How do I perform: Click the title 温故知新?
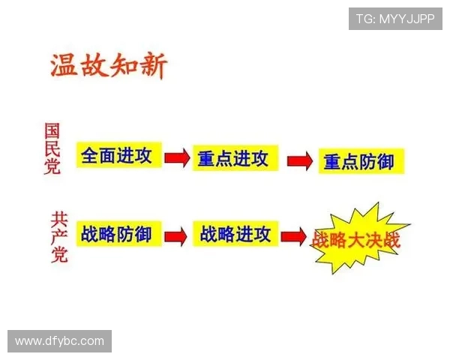tap(108, 66)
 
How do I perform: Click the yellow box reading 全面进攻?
tap(117, 156)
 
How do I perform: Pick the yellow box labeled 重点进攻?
tap(232, 158)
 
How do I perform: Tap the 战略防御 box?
tap(116, 235)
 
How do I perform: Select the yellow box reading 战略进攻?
tap(235, 234)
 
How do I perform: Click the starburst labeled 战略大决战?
tap(356, 241)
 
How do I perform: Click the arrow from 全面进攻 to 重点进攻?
tap(177, 158)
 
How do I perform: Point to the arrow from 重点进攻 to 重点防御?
tap(299, 160)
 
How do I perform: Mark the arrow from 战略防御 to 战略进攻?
tap(175, 235)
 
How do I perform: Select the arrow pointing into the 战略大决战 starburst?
tap(293, 236)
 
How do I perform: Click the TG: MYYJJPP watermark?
tap(394, 19)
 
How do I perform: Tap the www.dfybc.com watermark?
tap(60, 341)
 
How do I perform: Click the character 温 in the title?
tap(64, 66)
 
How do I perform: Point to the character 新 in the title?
tap(153, 66)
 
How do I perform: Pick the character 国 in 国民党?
tap(52, 130)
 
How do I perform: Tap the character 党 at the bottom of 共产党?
tap(58, 255)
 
